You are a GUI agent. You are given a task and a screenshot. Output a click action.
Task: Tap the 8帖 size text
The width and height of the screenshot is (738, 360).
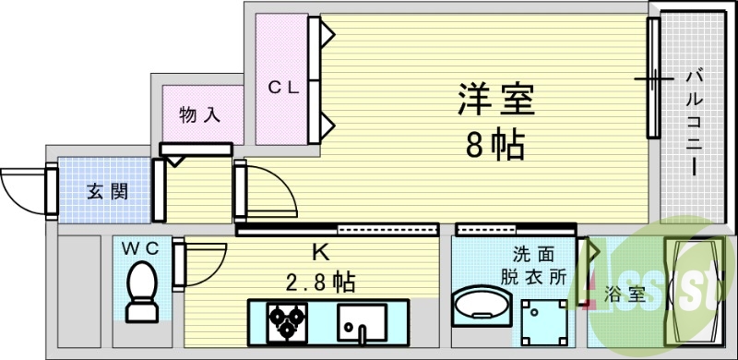(495, 144)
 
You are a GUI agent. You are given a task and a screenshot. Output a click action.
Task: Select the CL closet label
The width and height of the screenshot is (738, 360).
(284, 88)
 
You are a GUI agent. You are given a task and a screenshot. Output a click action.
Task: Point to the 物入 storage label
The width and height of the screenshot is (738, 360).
(200, 116)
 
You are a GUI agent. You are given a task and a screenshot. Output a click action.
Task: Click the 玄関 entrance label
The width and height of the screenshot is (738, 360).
(107, 192)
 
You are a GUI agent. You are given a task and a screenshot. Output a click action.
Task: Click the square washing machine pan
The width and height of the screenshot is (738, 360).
(542, 323)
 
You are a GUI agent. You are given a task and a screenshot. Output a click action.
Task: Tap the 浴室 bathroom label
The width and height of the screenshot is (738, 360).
(625, 295)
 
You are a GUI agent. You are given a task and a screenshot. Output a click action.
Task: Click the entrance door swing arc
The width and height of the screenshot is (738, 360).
(23, 189)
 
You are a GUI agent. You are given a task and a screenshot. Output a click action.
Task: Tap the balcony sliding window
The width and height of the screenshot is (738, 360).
(654, 79)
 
